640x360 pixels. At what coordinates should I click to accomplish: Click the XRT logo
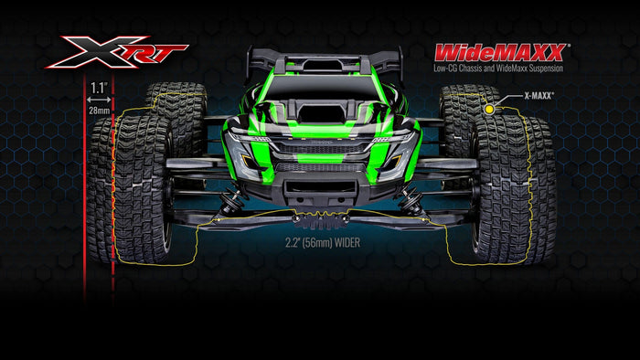[116, 52]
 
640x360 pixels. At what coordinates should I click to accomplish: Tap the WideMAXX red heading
[500, 53]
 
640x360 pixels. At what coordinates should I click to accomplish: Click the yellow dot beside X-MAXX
[489, 110]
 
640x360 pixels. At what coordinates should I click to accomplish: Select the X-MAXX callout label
[539, 96]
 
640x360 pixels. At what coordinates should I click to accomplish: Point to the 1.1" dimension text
[99, 88]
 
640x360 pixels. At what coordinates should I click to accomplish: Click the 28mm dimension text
[99, 110]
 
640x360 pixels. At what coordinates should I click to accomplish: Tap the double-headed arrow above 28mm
[99, 100]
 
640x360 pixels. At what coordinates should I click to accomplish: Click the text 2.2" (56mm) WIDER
[323, 243]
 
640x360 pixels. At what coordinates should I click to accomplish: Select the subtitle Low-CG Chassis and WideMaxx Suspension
[498, 69]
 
